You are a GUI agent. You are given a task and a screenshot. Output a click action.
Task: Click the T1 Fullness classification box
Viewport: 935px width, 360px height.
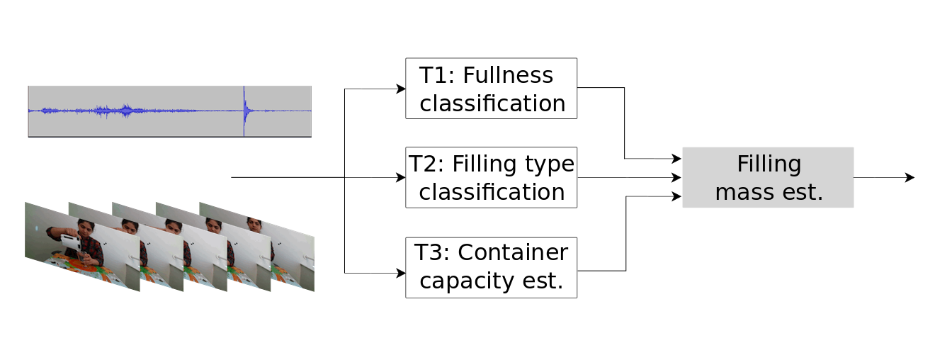coord(491,88)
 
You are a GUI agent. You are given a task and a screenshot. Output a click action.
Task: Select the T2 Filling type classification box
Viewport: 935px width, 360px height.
coord(491,177)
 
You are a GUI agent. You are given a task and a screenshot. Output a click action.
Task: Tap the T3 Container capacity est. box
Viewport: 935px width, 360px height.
coord(491,267)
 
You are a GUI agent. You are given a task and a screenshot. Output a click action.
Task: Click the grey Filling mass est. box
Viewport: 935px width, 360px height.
coord(768,177)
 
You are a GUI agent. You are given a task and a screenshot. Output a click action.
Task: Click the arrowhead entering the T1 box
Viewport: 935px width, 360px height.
coord(402,89)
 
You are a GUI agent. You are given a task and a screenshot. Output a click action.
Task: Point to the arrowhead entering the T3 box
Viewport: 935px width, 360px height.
coord(402,273)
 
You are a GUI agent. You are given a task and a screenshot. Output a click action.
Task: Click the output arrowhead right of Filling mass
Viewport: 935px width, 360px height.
coord(910,177)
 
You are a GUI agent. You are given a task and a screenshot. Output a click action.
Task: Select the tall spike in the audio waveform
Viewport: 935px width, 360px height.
coord(244,111)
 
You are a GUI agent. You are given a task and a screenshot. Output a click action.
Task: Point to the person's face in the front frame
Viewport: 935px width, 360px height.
coord(84,229)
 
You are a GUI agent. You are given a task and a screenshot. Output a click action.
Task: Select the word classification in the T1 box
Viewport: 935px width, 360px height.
coord(492,103)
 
